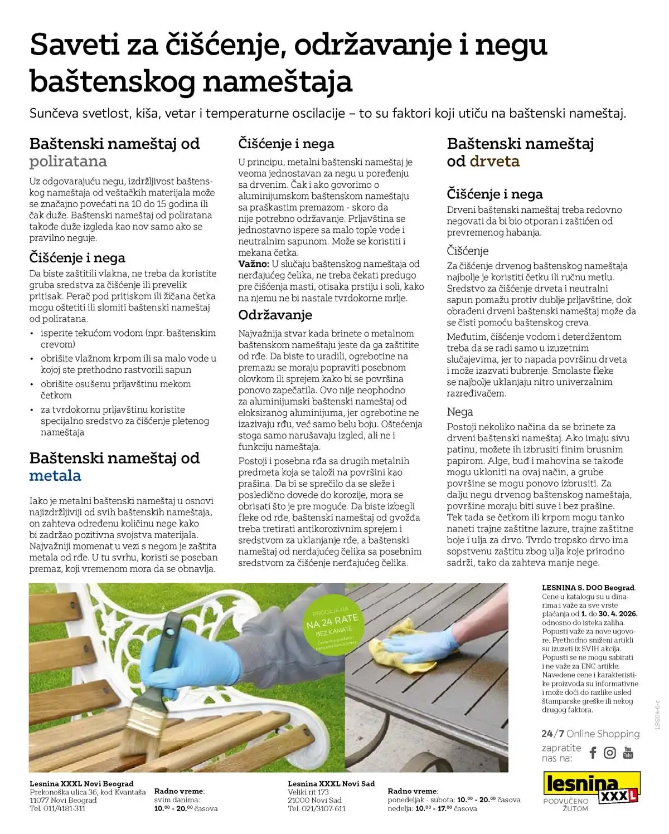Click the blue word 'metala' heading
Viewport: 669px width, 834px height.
tap(55, 476)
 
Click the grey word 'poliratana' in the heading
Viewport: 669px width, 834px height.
tap(68, 162)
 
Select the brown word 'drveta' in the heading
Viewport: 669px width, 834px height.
tap(494, 162)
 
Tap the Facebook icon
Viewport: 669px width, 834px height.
tap(593, 753)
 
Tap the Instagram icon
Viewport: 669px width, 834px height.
tap(610, 753)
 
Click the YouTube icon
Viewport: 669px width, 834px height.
tap(628, 753)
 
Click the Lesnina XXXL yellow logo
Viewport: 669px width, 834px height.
tap(591, 786)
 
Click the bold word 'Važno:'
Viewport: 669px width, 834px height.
tap(254, 264)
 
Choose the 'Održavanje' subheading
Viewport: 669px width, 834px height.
tap(275, 315)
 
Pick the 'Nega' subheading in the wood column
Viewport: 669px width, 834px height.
tap(460, 412)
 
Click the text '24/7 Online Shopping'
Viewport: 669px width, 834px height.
tap(590, 734)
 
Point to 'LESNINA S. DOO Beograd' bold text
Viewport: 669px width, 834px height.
tap(588, 588)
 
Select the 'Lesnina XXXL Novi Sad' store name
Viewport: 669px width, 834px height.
tap(331, 783)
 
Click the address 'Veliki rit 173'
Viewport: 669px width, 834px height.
tap(308, 792)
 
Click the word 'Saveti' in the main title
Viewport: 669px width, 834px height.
tap(75, 45)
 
